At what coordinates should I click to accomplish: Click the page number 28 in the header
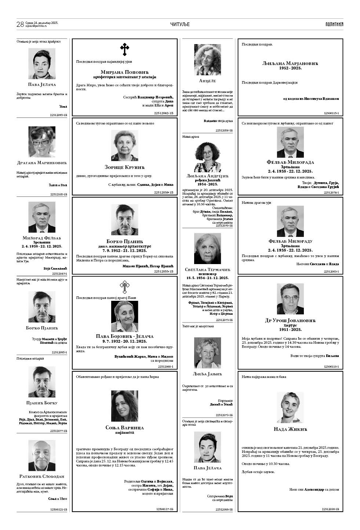pos(20,24)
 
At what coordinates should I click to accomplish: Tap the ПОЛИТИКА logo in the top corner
pos(334,24)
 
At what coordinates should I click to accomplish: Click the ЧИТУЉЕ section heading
pos(180,24)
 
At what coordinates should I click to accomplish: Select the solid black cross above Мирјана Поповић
pos(125,49)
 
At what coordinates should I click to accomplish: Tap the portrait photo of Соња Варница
pos(124,406)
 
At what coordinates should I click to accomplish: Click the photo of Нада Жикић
pos(290,407)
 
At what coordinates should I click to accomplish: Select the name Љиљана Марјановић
pos(290,64)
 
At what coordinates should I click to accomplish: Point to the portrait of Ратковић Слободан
pos(42,455)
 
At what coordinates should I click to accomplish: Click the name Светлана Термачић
pos(207,270)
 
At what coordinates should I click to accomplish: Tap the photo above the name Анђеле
pos(207,60)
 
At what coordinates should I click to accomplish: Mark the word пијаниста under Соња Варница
pos(124,432)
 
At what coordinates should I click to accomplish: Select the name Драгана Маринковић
pos(42,163)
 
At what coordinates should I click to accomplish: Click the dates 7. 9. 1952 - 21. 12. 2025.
pos(124,250)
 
